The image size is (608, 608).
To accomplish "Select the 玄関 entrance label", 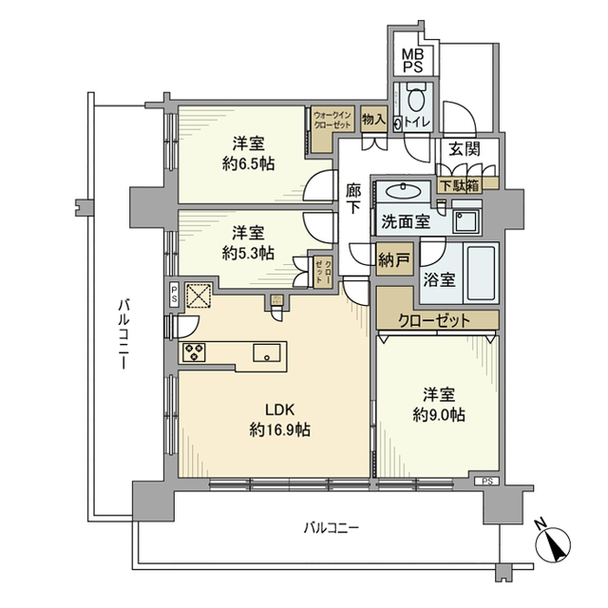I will (x=464, y=149).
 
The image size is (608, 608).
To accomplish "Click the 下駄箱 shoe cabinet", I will (x=459, y=185).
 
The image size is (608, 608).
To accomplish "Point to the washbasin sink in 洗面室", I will (x=409, y=189).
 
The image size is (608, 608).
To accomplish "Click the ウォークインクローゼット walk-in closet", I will (x=332, y=123).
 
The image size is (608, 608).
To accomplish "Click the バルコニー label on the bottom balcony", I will (x=330, y=527).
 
